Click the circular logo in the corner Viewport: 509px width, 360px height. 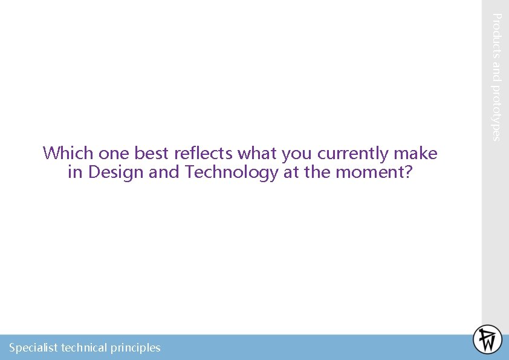(x=487, y=339)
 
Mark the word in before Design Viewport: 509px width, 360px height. (x=75, y=172)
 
